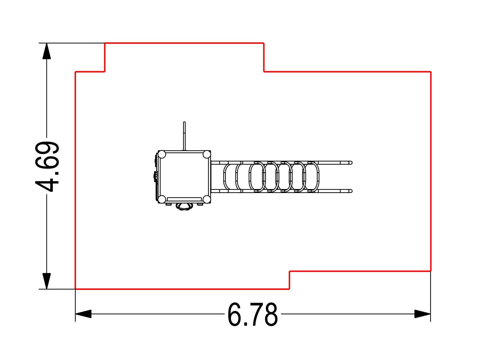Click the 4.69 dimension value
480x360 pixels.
click(x=47, y=166)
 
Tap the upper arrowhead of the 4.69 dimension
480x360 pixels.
click(x=46, y=51)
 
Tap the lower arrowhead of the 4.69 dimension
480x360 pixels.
click(x=46, y=281)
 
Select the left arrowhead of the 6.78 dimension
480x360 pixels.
click(x=83, y=314)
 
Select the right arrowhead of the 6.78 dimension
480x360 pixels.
click(x=422, y=314)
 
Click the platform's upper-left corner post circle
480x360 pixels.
click(x=162, y=154)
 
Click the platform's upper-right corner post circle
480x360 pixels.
click(x=206, y=154)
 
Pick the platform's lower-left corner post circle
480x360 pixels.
click(x=162, y=199)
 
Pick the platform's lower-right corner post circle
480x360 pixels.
click(x=206, y=199)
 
